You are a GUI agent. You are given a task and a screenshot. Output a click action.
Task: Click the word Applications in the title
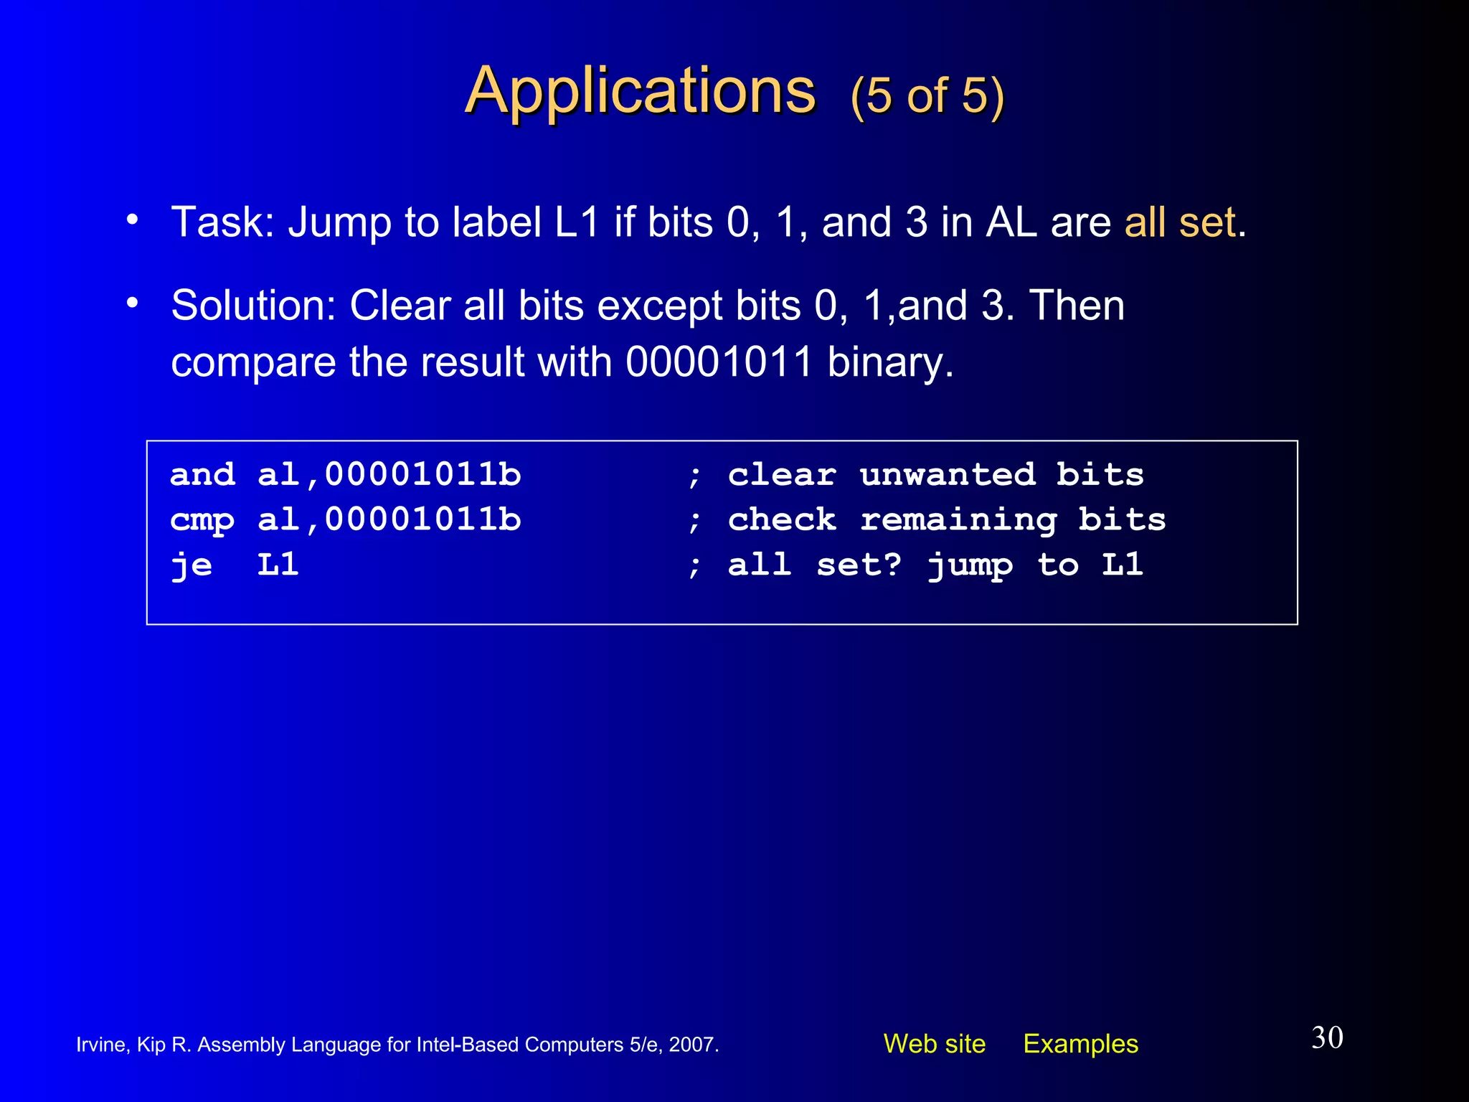[640, 92]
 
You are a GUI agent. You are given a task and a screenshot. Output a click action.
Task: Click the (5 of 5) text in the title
[927, 96]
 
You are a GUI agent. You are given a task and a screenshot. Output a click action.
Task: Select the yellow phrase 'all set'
[1180, 222]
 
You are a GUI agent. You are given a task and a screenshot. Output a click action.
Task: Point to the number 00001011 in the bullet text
[719, 362]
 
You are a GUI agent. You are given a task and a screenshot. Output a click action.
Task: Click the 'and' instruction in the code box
[202, 475]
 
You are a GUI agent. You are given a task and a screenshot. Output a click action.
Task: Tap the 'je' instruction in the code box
[192, 565]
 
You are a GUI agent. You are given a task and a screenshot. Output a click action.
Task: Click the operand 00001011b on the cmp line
[423, 519]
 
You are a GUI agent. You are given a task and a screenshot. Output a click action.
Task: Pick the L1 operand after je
[278, 565]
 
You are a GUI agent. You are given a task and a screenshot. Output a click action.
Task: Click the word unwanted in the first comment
[948, 475]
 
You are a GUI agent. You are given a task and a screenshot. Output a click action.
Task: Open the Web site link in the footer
[934, 1044]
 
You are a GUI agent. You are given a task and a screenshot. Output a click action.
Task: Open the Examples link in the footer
[1080, 1044]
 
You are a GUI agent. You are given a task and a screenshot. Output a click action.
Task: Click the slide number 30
[1327, 1038]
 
